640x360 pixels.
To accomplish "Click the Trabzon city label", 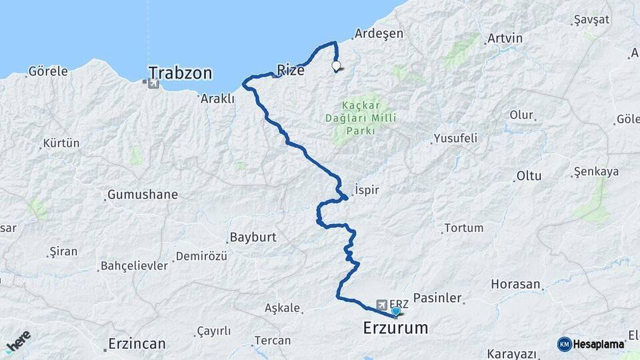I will click(x=180, y=72).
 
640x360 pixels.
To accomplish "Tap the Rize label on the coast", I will click(x=290, y=69).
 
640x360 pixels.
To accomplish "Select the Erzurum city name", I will click(x=395, y=328).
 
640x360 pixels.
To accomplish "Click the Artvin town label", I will click(x=505, y=38).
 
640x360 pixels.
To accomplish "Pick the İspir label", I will click(x=367, y=190).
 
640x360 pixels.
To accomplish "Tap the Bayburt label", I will click(x=253, y=237).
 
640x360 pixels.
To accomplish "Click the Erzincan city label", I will click(x=137, y=344).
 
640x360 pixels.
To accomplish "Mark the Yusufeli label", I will click(x=455, y=139).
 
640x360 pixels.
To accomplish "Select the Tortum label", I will click(x=463, y=228).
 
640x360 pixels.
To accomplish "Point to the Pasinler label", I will click(x=437, y=298).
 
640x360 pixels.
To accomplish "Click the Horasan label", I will click(x=515, y=284).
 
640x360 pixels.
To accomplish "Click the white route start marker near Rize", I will click(x=336, y=66).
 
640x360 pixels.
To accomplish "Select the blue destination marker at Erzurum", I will click(x=396, y=311).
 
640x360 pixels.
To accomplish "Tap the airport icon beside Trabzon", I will click(x=154, y=84).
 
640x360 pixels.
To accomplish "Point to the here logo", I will click(x=18, y=341).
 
